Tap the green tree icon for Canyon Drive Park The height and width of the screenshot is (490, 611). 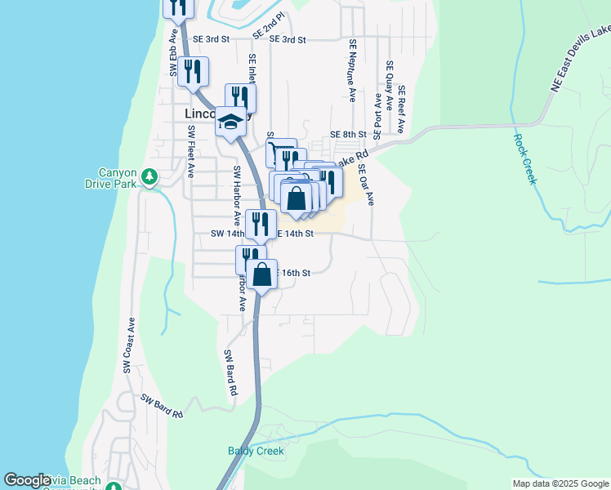149,176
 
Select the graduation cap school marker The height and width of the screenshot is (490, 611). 230,123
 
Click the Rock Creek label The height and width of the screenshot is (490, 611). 524,158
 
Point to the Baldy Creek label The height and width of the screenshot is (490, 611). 256,451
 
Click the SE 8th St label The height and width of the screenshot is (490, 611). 346,134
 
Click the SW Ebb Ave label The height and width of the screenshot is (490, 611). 174,54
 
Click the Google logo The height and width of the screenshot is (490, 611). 27,481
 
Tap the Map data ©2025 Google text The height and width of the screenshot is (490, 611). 560,483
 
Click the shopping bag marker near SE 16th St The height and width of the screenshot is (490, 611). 262,274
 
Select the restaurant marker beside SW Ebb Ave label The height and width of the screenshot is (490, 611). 194,71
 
